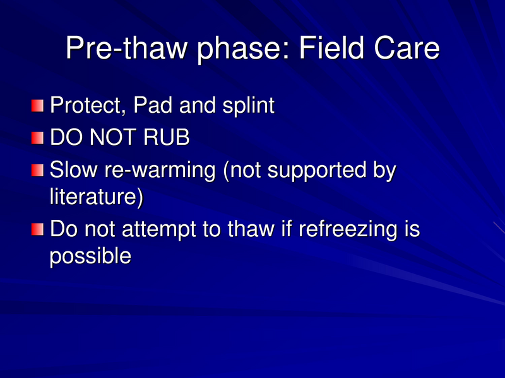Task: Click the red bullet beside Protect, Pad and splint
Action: click(x=39, y=105)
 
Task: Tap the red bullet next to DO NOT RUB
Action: click(x=39, y=137)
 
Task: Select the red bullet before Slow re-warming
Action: click(x=39, y=169)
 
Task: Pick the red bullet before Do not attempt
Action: click(x=39, y=229)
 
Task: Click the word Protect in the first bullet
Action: click(x=82, y=105)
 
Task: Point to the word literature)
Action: click(x=97, y=197)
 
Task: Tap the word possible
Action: click(x=90, y=257)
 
